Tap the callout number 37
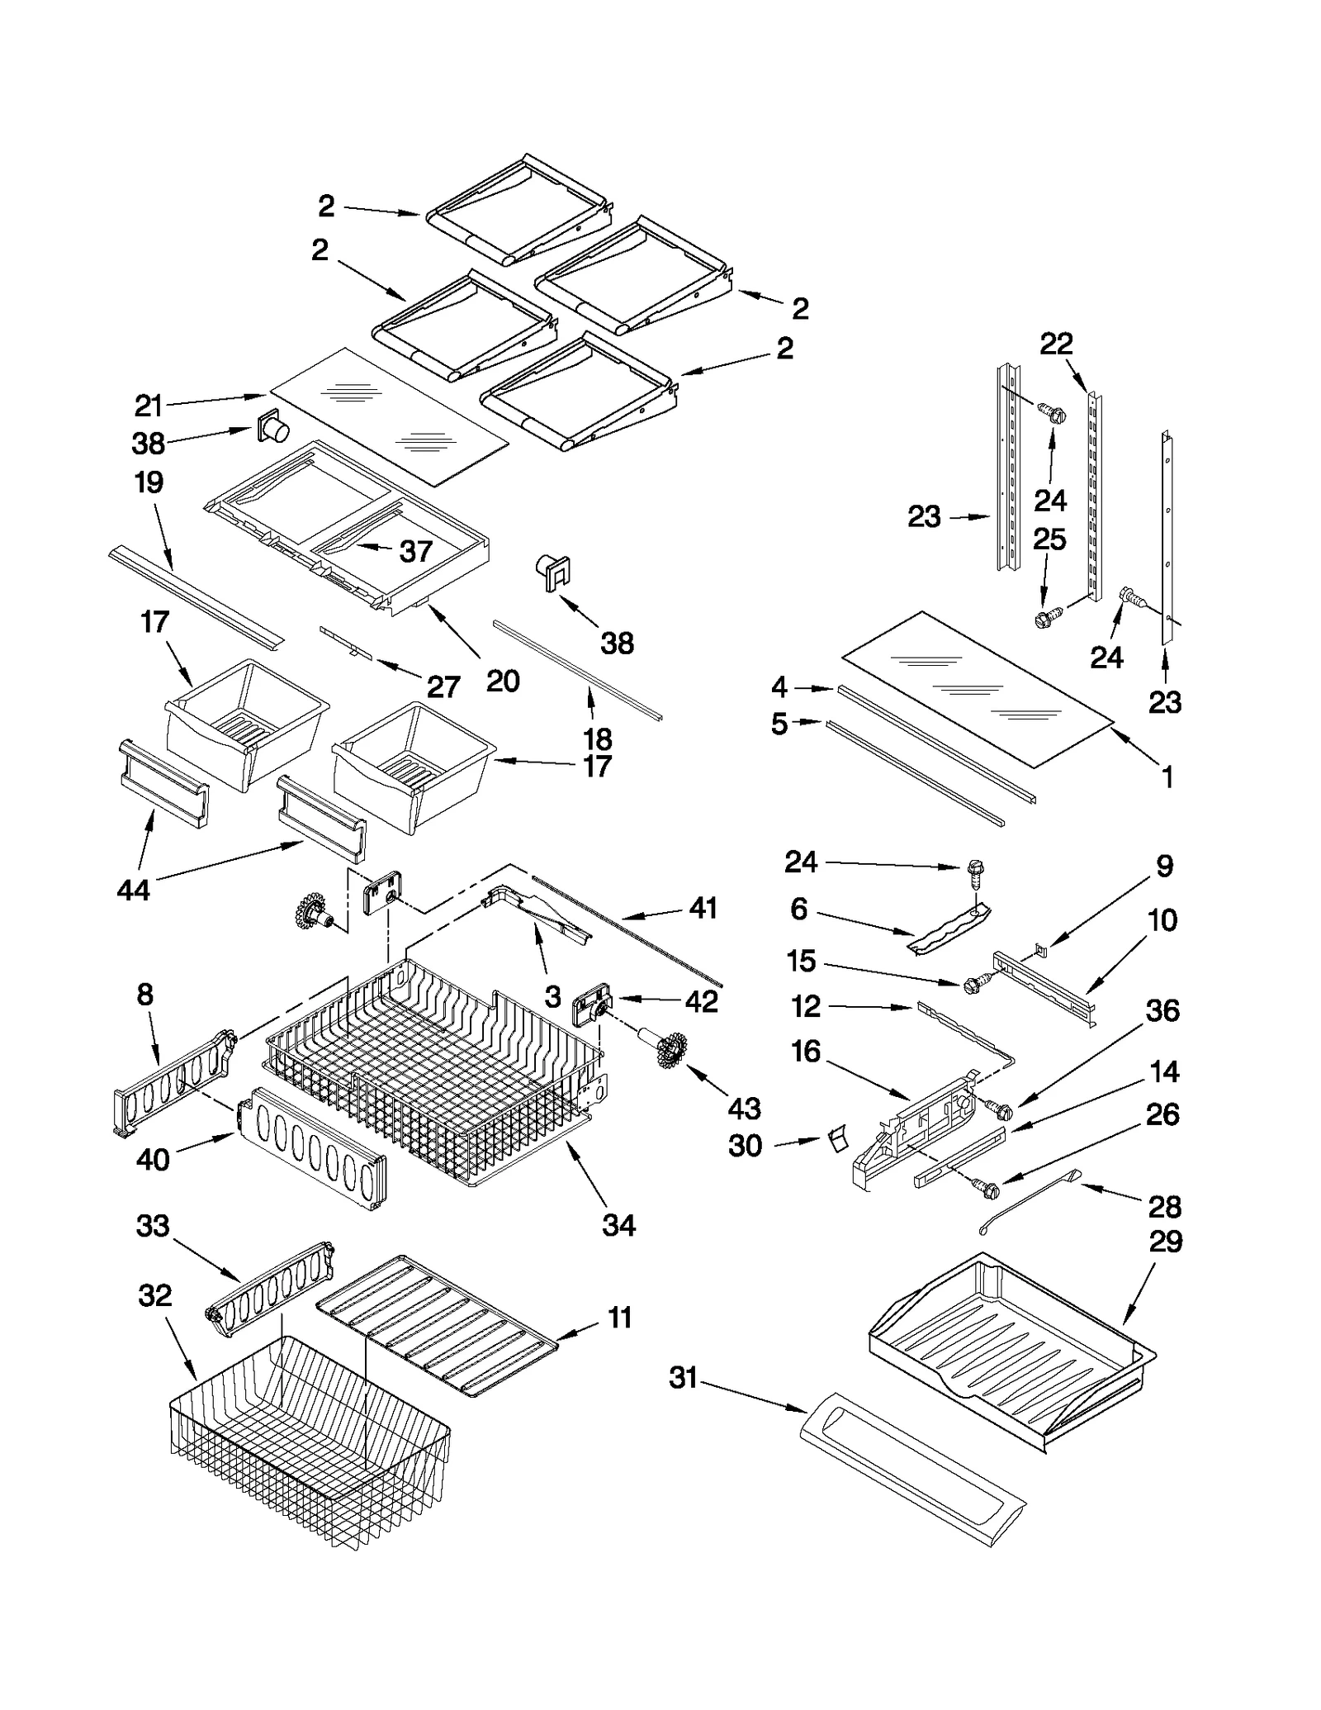415,551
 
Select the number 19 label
149,482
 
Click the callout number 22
1056,344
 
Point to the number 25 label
1049,539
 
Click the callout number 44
133,890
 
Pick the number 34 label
618,1225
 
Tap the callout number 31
683,1378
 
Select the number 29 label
1165,1242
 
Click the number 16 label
806,1052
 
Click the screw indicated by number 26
987,1190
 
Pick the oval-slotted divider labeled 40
314,1148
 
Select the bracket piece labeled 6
949,929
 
